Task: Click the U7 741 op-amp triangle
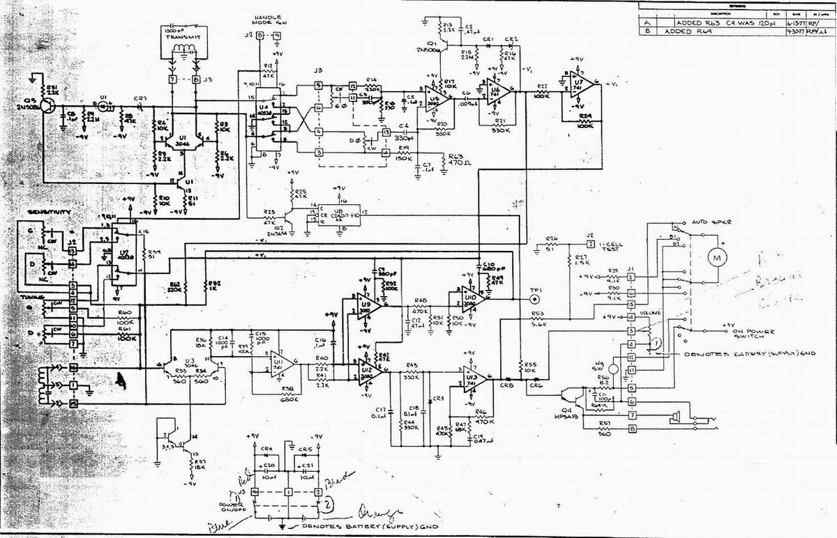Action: [x=583, y=84]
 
